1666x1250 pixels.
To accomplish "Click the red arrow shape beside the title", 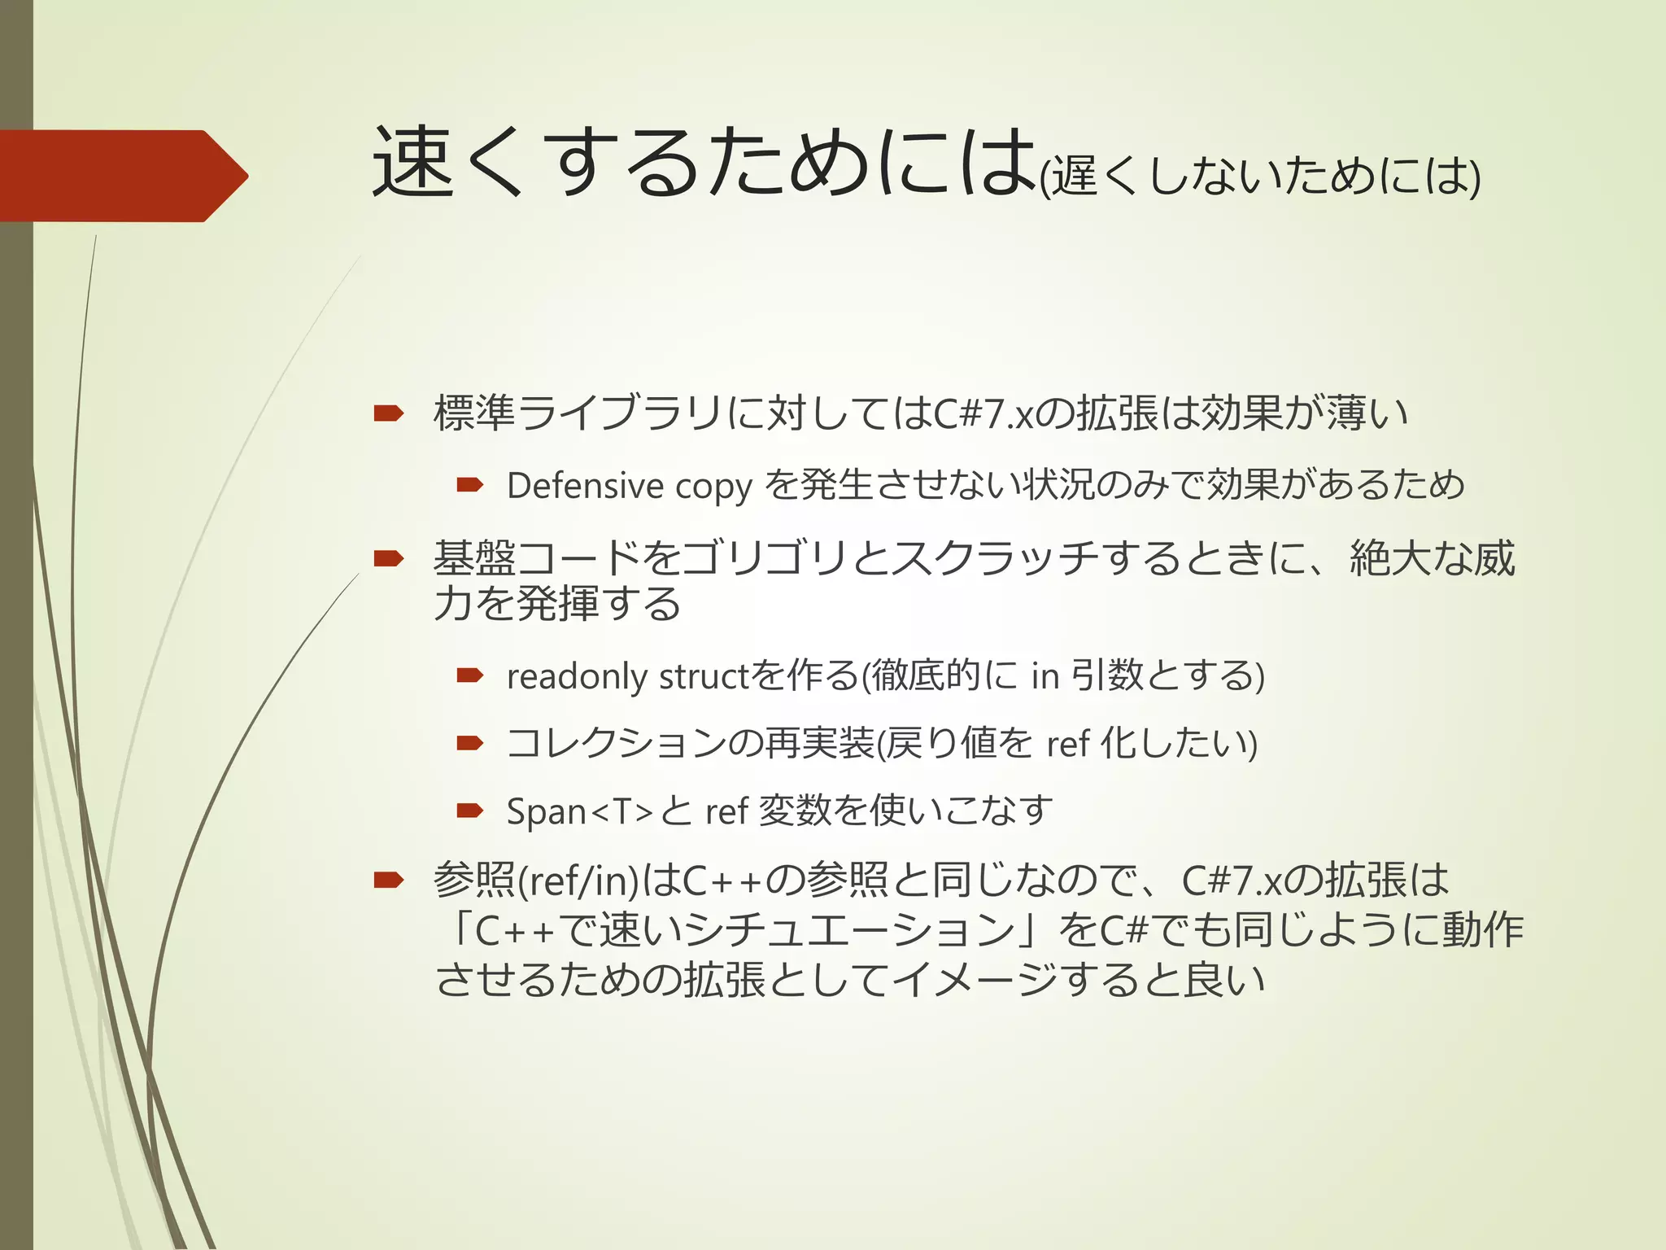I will pos(122,176).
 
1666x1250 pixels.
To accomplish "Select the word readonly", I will pos(577,677).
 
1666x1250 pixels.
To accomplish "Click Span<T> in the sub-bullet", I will pos(580,811).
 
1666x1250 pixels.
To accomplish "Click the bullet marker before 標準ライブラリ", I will pos(388,413).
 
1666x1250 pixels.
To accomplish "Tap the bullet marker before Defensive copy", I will pos(470,486).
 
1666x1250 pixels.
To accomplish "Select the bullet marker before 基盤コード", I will pos(388,558).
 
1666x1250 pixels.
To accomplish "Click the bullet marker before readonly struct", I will pos(470,675).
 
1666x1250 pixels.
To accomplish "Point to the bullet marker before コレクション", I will pos(470,742).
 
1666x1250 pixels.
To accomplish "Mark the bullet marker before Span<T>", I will pos(470,810).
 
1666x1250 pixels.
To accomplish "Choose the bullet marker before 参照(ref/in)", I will pos(388,880).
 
